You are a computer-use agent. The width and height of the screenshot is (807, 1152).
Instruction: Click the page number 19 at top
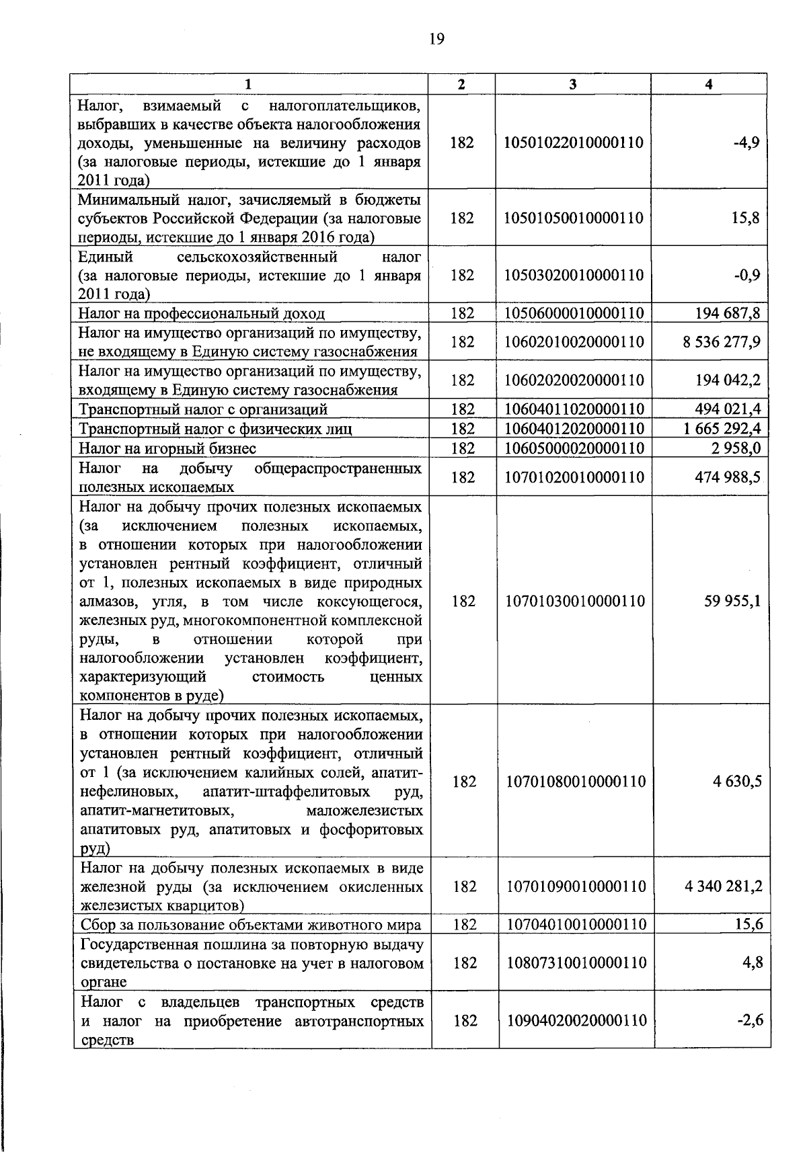pyautogui.click(x=436, y=38)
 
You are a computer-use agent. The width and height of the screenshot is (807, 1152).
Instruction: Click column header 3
pyautogui.click(x=572, y=84)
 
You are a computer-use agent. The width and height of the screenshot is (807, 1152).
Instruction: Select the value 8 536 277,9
pyautogui.click(x=722, y=342)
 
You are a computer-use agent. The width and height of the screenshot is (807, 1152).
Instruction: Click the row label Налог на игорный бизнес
pyautogui.click(x=167, y=448)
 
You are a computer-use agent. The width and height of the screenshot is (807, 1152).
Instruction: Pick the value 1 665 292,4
pyautogui.click(x=722, y=429)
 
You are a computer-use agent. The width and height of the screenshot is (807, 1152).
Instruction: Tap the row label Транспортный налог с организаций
pyautogui.click(x=203, y=409)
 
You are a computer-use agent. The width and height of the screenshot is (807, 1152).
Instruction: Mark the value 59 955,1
pyautogui.click(x=732, y=601)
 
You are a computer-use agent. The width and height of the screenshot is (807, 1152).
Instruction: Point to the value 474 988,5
pyautogui.click(x=728, y=477)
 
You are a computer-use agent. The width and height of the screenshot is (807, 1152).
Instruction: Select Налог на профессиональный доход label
pyautogui.click(x=202, y=313)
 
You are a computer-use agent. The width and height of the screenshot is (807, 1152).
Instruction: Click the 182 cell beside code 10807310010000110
pyautogui.click(x=465, y=962)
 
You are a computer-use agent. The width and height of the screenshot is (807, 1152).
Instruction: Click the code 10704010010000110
pyautogui.click(x=576, y=925)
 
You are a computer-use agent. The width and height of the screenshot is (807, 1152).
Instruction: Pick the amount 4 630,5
pyautogui.click(x=737, y=782)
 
